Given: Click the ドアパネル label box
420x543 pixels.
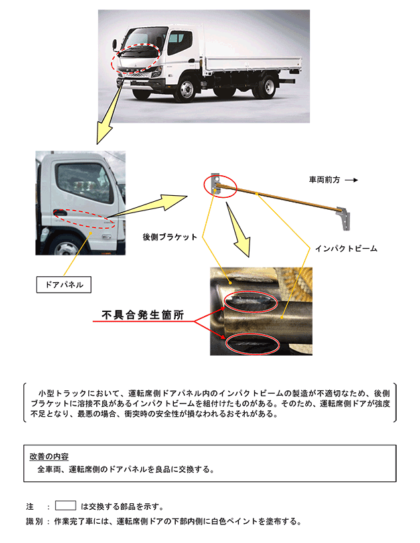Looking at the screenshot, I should click(x=64, y=285).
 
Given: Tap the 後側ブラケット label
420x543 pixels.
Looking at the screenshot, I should click(x=170, y=237).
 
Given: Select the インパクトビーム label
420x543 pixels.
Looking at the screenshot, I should click(x=346, y=248).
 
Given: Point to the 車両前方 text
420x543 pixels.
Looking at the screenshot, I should click(x=325, y=179).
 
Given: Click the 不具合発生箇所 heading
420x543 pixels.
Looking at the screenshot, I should click(x=143, y=314).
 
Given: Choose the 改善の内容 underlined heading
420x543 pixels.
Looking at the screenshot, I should click(x=49, y=456).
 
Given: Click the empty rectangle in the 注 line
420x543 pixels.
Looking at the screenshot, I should click(x=66, y=505).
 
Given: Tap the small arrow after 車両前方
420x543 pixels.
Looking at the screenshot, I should click(x=352, y=179).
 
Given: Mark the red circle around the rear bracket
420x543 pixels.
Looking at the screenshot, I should click(x=220, y=185).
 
